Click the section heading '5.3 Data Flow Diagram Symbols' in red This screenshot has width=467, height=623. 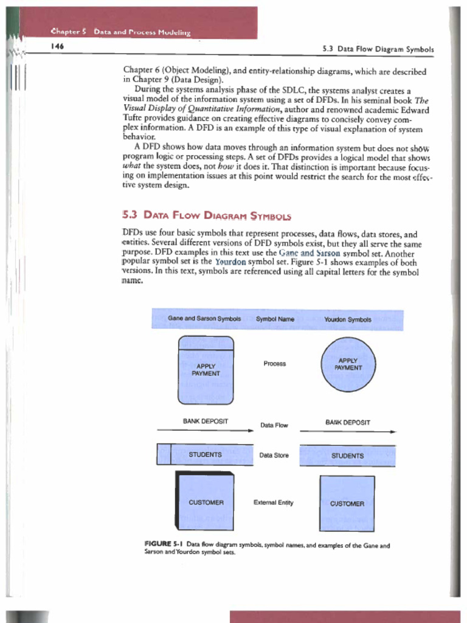click(207, 216)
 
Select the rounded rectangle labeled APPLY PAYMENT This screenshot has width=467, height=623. click(206, 370)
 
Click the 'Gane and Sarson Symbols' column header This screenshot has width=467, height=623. click(204, 319)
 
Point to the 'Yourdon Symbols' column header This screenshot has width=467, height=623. click(347, 319)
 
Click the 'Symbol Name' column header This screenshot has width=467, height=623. click(275, 319)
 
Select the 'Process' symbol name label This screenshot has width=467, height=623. click(275, 364)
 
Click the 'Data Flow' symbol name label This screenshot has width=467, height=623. click(274, 425)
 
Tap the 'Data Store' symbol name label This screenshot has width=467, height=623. click(274, 455)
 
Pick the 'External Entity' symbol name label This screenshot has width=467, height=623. click(273, 503)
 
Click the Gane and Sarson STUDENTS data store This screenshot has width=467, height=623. click(205, 454)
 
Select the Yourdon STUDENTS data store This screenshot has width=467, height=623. click(347, 455)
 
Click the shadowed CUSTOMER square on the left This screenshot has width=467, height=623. click(206, 501)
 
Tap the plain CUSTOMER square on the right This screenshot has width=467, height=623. click(347, 503)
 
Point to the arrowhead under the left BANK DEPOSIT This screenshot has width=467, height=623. click(250, 430)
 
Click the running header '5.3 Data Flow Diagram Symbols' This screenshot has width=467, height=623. click(377, 48)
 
